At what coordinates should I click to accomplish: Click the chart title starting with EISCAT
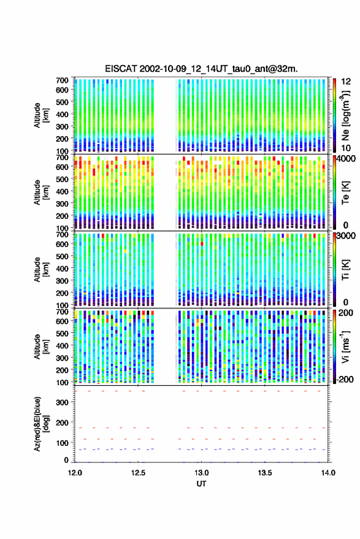point(201,69)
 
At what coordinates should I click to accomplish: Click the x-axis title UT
point(201,484)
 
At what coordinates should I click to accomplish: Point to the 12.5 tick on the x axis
point(138,473)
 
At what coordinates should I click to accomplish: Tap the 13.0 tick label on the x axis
point(202,473)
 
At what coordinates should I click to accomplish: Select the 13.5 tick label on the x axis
point(265,473)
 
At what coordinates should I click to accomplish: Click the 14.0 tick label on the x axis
point(328,473)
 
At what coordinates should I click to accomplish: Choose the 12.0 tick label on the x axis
point(75,473)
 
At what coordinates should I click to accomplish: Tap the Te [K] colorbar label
point(345,193)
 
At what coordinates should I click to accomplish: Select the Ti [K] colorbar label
point(345,270)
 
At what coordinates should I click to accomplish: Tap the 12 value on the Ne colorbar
point(346,81)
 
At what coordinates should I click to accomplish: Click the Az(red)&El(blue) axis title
point(41,424)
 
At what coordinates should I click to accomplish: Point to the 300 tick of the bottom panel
point(62,402)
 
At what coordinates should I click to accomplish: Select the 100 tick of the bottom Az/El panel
point(62,443)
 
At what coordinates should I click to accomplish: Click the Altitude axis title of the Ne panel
point(41,115)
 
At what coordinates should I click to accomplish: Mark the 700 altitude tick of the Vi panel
point(62,312)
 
